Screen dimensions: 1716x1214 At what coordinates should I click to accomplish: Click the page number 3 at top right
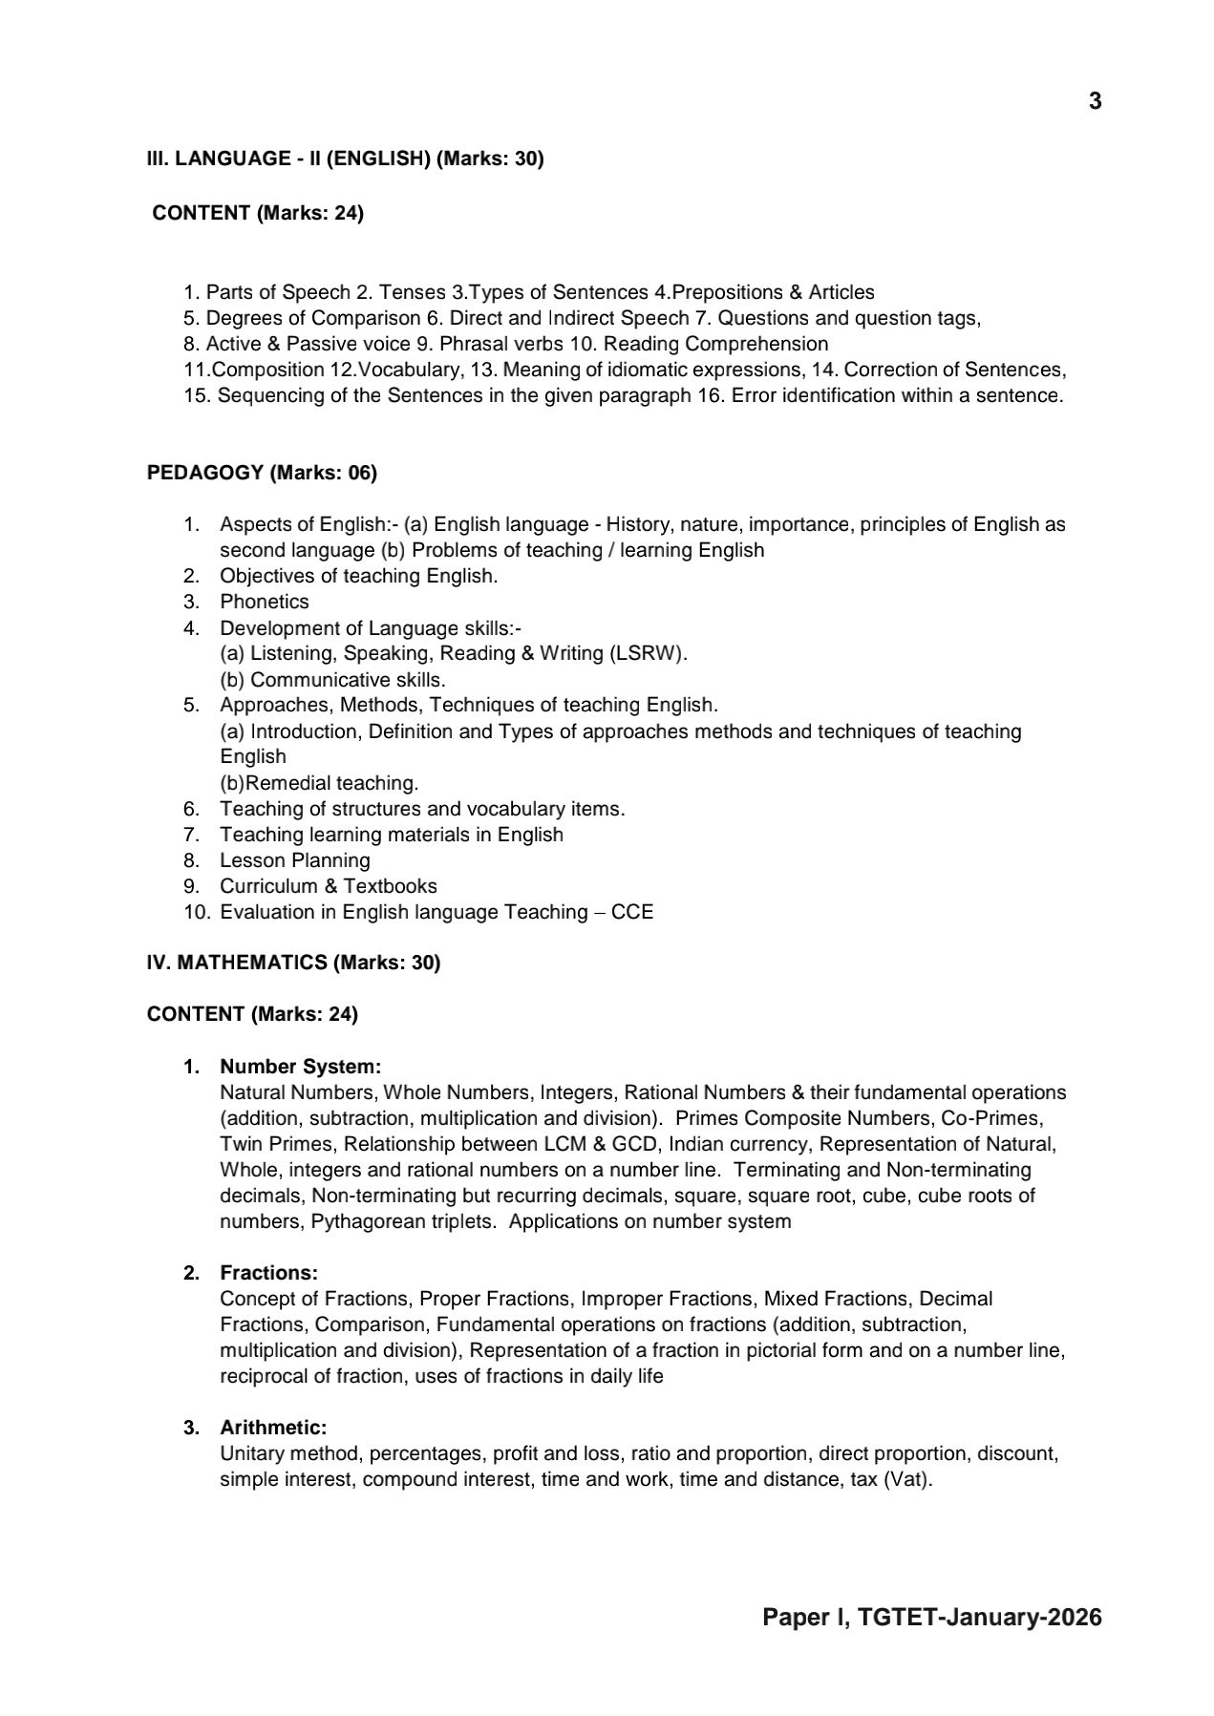pos(1095,101)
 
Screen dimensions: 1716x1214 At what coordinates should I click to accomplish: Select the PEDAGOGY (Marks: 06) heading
pos(262,472)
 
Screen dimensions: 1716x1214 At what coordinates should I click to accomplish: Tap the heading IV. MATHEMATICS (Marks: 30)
pos(293,962)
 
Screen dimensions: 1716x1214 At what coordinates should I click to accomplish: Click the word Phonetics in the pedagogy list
pos(265,602)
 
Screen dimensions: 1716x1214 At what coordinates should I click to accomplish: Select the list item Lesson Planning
pos(294,859)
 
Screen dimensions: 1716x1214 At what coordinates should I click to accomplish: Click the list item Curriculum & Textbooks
pos(328,885)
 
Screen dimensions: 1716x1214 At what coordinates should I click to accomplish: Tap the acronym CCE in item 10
pos(632,912)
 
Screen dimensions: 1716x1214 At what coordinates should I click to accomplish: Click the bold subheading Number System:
pos(300,1066)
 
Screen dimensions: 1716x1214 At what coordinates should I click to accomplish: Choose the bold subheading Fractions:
pos(268,1272)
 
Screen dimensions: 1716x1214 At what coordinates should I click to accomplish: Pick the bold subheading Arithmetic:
pos(273,1427)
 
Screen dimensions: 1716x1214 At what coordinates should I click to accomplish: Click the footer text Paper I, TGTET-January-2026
pos(931,1617)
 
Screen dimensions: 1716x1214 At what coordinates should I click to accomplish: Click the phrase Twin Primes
pos(276,1144)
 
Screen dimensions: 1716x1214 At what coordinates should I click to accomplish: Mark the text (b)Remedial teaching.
pos(319,783)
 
